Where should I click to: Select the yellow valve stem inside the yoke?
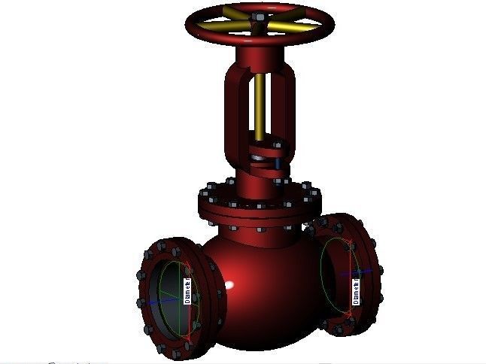point(260,105)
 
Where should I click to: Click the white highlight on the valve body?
point(233,287)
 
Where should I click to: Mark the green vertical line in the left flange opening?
point(181,301)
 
